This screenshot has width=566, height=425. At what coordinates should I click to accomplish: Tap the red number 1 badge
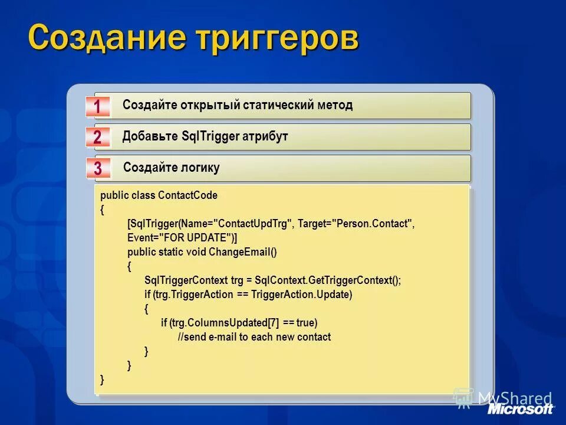[98, 107]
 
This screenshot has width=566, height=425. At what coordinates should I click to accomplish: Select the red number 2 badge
[97, 138]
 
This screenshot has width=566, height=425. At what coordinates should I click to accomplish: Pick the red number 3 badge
[98, 169]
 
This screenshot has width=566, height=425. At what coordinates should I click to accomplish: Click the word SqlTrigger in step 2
[210, 137]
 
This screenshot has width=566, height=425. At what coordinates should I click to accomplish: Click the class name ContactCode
[188, 195]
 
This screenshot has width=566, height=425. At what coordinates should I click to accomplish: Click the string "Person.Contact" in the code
[373, 224]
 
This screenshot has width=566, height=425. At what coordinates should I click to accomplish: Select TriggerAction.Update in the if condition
[301, 295]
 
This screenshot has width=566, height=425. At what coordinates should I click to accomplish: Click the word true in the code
[306, 323]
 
